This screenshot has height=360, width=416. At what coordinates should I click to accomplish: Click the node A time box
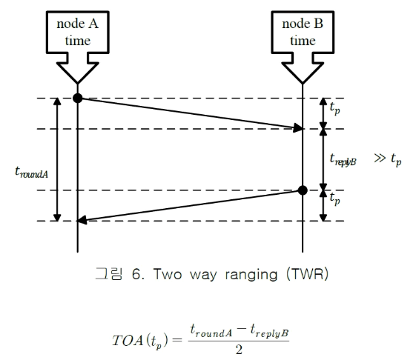click(x=77, y=33)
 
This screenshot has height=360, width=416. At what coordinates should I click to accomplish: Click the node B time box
click(x=302, y=33)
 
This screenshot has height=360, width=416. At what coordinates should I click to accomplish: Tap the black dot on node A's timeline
click(x=77, y=98)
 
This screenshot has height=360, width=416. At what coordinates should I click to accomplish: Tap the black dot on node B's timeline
click(x=302, y=190)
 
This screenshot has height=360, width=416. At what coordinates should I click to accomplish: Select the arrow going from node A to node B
click(x=190, y=113)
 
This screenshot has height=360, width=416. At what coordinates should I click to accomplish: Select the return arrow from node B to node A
click(x=190, y=205)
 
